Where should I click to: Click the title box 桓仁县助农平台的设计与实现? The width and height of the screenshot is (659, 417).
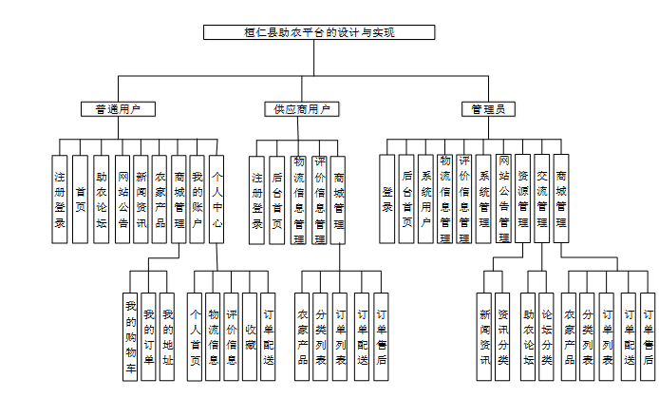(319, 32)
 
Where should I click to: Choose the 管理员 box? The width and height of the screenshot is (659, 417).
(488, 109)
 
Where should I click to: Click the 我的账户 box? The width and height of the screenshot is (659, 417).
(198, 199)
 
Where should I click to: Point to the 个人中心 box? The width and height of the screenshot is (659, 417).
(217, 199)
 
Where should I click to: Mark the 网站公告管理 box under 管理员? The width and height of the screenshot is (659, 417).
(503, 199)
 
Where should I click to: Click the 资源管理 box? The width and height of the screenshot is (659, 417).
(522, 199)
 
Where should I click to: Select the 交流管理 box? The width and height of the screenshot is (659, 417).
(541, 199)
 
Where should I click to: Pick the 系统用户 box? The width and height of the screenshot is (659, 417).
(424, 199)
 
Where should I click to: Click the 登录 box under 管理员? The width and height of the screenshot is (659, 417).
(386, 199)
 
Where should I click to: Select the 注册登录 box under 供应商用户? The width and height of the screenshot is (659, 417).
(257, 199)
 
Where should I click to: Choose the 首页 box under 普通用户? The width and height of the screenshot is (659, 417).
(80, 199)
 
